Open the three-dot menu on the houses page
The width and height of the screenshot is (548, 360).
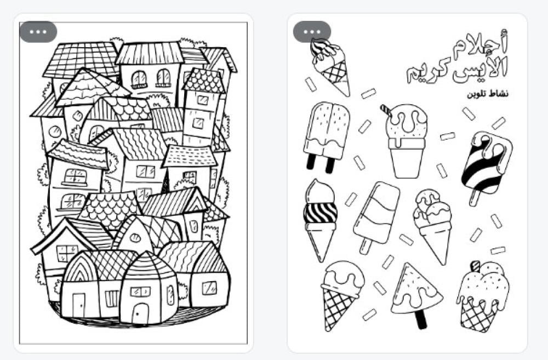click(x=38, y=32)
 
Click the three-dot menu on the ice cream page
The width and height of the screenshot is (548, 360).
click(x=312, y=32)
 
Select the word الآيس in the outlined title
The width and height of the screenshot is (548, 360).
click(x=480, y=70)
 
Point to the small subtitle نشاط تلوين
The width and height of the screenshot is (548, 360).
click(x=488, y=94)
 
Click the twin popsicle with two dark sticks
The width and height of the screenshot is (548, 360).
click(x=326, y=137)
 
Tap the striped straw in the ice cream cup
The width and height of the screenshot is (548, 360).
click(x=386, y=112)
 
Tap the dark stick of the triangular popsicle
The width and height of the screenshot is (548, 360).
click(x=421, y=319)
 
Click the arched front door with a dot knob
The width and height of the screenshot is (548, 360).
click(x=140, y=313)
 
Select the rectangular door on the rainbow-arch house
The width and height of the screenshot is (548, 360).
click(x=78, y=304)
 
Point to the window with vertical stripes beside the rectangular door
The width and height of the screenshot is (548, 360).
click(x=112, y=299)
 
